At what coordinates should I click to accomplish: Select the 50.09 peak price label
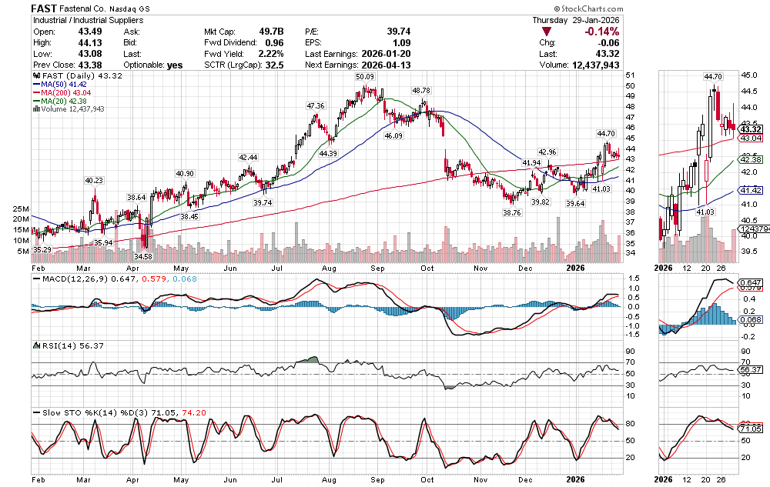[364, 77]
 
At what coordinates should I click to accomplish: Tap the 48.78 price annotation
[421, 90]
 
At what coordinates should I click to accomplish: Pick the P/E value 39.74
[399, 32]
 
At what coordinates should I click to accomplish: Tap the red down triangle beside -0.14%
[547, 32]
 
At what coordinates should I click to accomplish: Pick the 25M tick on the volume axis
[21, 208]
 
